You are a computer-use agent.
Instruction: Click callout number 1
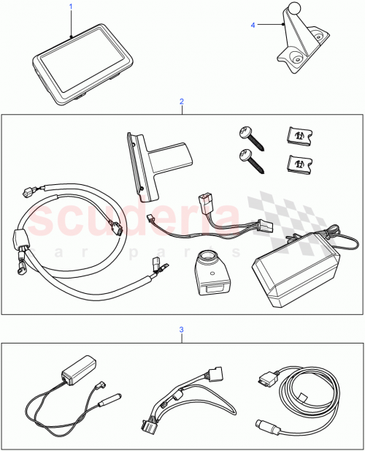click(71, 6)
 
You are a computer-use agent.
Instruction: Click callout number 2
click(182, 103)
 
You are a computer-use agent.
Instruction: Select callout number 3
click(182, 330)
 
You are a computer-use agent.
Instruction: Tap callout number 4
click(253, 25)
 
